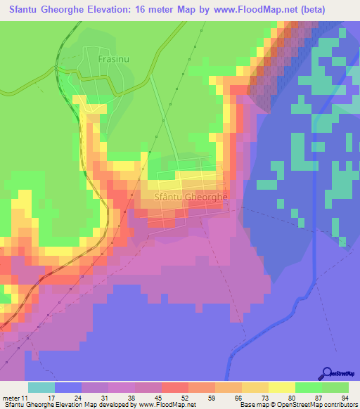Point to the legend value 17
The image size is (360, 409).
tap(68, 398)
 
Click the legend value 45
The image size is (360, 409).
tap(178, 398)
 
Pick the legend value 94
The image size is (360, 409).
tap(344, 398)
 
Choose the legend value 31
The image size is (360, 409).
tap(123, 398)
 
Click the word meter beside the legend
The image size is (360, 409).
tap(11, 398)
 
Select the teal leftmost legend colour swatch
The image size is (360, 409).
tap(41, 387)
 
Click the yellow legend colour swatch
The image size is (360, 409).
tap(282, 387)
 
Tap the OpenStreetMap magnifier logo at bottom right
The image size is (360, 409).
tap(328, 373)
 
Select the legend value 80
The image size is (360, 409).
tap(289, 398)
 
